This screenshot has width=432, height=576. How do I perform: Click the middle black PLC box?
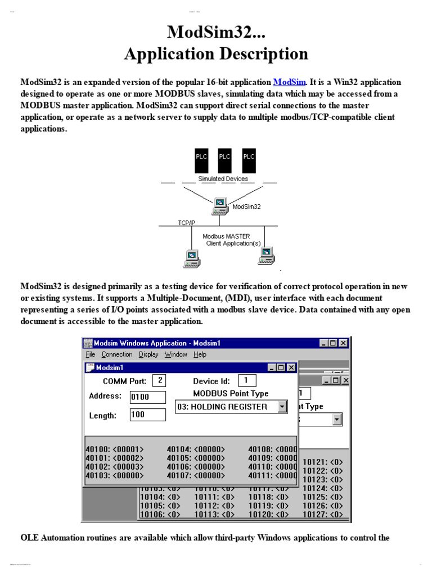coord(225,160)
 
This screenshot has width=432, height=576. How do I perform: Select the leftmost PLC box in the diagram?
coord(201,160)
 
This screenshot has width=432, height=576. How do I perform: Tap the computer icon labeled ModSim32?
coord(219,206)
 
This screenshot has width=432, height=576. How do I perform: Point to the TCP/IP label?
coord(187,223)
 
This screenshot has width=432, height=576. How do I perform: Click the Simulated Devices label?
coord(223,179)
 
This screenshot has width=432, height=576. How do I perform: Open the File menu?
coord(91,354)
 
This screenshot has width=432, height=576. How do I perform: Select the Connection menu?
coord(117,354)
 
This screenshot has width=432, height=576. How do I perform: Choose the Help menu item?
coord(200,354)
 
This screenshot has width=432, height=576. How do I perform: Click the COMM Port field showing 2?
coord(160,381)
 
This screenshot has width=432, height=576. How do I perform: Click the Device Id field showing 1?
coord(246,381)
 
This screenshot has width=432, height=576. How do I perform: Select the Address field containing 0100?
coord(147,397)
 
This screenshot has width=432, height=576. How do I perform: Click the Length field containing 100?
coord(147,415)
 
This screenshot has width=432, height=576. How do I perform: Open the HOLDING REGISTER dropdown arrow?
coord(282,407)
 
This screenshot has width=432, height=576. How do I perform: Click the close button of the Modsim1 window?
coord(291,367)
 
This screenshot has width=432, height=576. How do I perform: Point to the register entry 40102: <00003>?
coord(115,466)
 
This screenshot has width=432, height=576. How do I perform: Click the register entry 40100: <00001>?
coord(115,449)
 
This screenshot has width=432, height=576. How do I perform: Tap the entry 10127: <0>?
coord(323,514)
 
